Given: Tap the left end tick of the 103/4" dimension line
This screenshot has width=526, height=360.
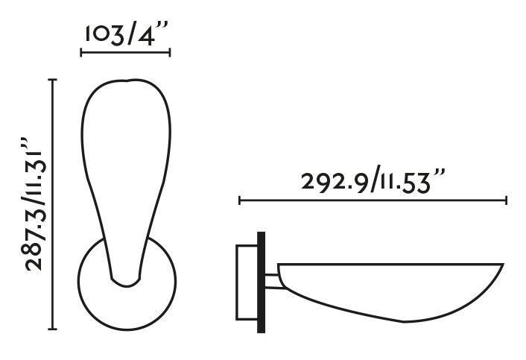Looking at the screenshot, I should (81, 52).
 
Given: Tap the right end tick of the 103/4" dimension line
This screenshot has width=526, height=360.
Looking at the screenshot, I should (171, 52).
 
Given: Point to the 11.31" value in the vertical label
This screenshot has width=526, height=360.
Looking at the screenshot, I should (36, 167).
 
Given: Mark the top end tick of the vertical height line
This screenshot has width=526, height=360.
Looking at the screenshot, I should (52, 79).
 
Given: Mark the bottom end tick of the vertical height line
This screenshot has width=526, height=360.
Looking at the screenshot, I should (52, 328).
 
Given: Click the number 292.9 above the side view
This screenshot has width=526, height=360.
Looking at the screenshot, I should (337, 182).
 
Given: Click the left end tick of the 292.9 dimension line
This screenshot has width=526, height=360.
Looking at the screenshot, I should (239, 200).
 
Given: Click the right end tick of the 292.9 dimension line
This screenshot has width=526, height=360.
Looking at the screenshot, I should (507, 200).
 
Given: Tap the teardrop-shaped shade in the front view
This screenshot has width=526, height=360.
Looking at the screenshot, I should (127, 164).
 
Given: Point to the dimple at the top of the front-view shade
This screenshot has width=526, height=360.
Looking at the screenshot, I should (129, 81).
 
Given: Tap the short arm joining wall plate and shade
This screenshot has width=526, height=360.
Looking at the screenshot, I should (273, 281).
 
